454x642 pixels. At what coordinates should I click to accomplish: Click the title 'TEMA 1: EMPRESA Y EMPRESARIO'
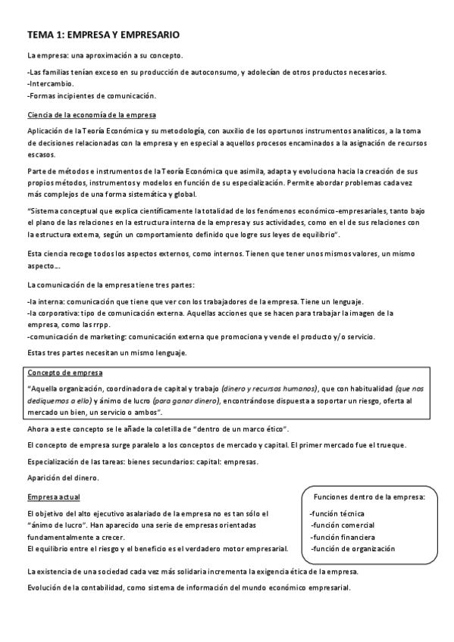[x=103, y=35]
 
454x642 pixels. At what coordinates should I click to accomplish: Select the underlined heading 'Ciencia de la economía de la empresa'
[x=92, y=115]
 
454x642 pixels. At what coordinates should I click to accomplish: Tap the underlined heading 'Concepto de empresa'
[x=66, y=373]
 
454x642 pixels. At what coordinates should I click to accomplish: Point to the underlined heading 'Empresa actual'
[x=53, y=497]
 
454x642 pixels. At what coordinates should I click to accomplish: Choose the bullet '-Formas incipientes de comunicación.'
[x=91, y=96]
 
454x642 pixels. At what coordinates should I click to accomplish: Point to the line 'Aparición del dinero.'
[x=63, y=478]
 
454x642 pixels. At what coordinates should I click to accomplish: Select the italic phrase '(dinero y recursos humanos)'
[x=274, y=388]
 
